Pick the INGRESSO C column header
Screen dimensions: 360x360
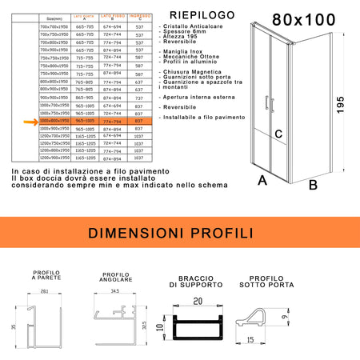click(x=141, y=18)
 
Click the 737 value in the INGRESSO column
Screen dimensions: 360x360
click(x=140, y=98)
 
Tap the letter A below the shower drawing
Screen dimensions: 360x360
click(x=262, y=182)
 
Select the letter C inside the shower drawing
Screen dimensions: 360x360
click(x=278, y=134)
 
